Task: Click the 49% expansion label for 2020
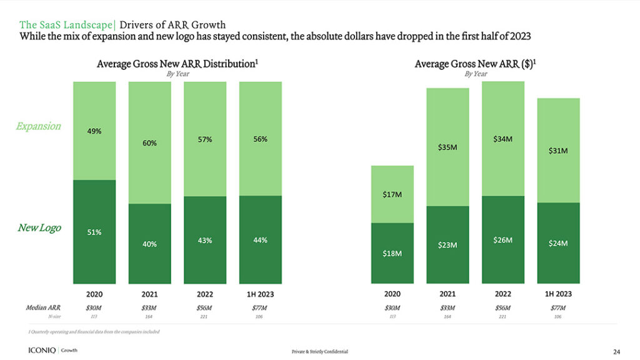94,131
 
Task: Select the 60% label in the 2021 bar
149,143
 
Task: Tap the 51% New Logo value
94,232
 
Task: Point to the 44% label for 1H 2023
260,240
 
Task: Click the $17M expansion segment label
392,195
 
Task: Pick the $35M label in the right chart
447,148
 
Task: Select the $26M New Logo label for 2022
502,240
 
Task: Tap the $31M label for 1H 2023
558,151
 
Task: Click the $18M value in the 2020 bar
392,253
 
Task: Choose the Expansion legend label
39,126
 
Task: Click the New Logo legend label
39,227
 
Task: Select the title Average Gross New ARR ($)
476,64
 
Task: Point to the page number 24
616,351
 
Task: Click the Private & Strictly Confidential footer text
319,352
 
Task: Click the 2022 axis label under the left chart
205,294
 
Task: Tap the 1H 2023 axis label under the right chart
558,294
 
